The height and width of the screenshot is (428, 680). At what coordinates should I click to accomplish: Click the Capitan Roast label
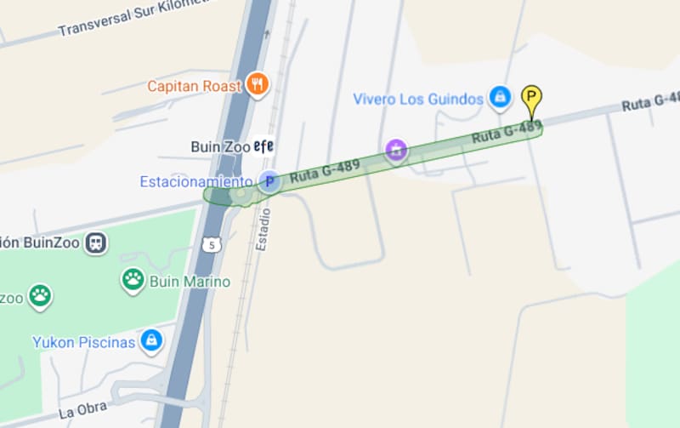tap(195, 86)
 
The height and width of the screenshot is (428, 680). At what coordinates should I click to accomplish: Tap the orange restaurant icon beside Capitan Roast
tap(258, 84)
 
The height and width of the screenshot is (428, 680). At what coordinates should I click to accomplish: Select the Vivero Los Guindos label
tap(417, 99)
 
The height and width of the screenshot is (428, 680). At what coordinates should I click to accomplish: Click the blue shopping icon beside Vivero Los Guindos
tap(500, 98)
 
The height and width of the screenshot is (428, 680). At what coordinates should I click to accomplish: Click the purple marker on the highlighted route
tap(395, 151)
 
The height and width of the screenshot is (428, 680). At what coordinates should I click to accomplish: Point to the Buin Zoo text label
tap(220, 146)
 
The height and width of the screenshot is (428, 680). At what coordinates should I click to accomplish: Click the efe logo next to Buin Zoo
tap(263, 146)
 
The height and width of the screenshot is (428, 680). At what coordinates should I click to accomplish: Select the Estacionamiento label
tap(195, 181)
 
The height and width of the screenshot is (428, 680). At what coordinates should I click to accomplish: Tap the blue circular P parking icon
tap(269, 181)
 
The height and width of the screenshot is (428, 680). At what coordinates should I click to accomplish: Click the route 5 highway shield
tap(211, 245)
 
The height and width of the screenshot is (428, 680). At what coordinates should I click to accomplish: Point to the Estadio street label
tap(264, 227)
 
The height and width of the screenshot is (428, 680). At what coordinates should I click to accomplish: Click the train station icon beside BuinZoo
tap(96, 243)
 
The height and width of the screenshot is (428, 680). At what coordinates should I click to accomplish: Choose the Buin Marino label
tap(190, 281)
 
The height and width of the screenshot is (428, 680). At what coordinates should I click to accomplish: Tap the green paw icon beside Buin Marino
tap(133, 279)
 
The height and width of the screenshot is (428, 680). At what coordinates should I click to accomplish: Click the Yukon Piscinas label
tap(84, 342)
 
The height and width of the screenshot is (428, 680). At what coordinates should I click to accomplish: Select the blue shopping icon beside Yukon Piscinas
tap(150, 341)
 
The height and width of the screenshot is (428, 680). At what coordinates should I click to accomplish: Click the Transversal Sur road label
tap(119, 20)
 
